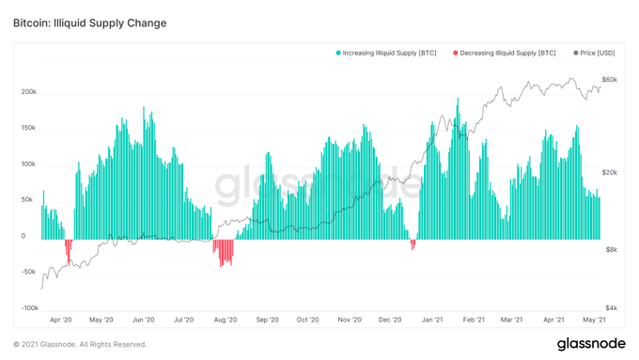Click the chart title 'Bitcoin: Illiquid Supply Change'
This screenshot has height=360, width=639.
pyautogui.click(x=90, y=23)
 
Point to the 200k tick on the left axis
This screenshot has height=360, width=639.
pyautogui.click(x=29, y=93)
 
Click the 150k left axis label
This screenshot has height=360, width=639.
pyautogui.click(x=29, y=129)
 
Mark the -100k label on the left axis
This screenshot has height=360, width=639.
pyautogui.click(x=28, y=307)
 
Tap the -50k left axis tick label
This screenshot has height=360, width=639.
pyautogui.click(x=29, y=272)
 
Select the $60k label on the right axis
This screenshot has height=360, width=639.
pyautogui.click(x=610, y=80)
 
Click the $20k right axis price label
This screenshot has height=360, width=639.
pyautogui.click(x=610, y=173)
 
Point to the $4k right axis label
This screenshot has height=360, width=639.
pyautogui.click(x=612, y=307)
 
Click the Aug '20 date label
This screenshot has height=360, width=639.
pyautogui.click(x=226, y=320)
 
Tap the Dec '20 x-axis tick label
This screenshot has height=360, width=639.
pyautogui.click(x=390, y=320)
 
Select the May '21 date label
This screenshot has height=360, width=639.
pyautogui.click(x=595, y=320)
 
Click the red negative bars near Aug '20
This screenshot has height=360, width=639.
pyautogui.click(x=224, y=251)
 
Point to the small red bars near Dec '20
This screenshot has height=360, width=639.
pyautogui.click(x=413, y=244)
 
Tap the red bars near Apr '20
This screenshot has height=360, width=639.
pyautogui.click(x=68, y=248)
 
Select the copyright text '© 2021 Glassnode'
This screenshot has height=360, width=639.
pyautogui.click(x=80, y=345)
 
